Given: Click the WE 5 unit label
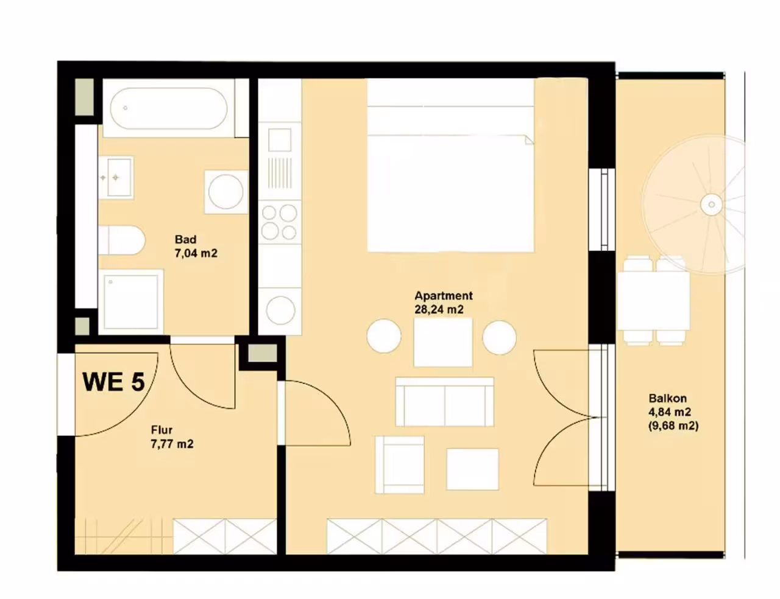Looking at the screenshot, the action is pyautogui.click(x=114, y=382).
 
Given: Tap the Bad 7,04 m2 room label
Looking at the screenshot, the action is pyautogui.click(x=196, y=247).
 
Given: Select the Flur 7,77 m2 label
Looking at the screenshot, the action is pyautogui.click(x=172, y=437).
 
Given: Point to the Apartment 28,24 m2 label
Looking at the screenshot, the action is pyautogui.click(x=443, y=302).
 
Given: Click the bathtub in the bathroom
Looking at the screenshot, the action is pyautogui.click(x=169, y=108).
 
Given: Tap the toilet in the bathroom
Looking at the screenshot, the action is pyautogui.click(x=121, y=240).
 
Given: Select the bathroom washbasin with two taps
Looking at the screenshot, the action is pyautogui.click(x=116, y=178).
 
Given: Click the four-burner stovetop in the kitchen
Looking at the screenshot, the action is pyautogui.click(x=279, y=222).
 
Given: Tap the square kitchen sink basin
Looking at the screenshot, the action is pyautogui.click(x=280, y=140).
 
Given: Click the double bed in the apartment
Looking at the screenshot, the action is pyautogui.click(x=450, y=165).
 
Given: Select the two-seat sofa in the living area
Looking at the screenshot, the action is pyautogui.click(x=445, y=402).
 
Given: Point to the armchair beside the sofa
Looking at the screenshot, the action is pyautogui.click(x=400, y=465).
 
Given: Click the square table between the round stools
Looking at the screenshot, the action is pyautogui.click(x=443, y=342).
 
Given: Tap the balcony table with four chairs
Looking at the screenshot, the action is pyautogui.click(x=653, y=300).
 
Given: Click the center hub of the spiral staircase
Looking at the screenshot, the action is pyautogui.click(x=711, y=205).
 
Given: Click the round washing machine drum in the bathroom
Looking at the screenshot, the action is pyautogui.click(x=226, y=192).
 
